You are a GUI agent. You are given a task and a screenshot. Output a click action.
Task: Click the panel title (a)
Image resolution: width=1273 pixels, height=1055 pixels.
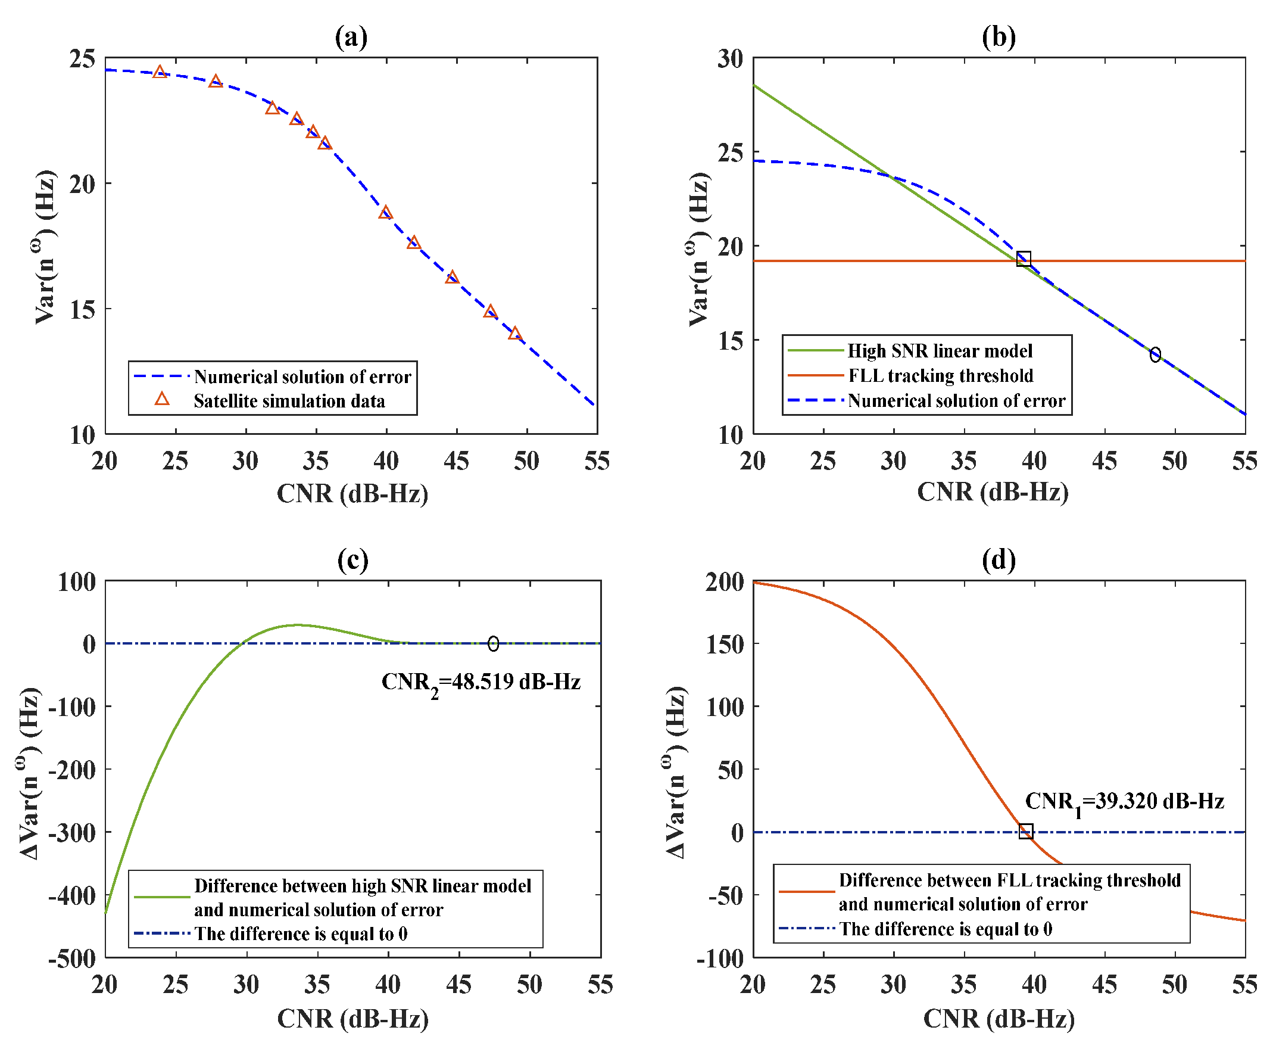click(x=351, y=37)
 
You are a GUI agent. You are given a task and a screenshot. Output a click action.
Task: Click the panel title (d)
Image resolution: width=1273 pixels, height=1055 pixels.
click(x=999, y=559)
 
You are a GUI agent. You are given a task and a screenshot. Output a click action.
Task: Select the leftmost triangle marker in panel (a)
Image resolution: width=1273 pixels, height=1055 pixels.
click(x=160, y=72)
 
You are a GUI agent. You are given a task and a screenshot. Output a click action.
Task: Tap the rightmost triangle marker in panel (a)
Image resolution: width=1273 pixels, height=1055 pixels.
click(x=514, y=334)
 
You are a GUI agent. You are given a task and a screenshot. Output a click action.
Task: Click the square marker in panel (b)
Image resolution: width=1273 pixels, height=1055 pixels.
click(x=1024, y=259)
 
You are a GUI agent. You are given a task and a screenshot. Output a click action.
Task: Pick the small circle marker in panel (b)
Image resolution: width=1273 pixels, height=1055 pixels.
click(x=1155, y=354)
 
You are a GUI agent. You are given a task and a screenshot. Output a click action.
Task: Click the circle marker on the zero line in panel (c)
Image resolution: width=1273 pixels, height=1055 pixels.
click(x=493, y=643)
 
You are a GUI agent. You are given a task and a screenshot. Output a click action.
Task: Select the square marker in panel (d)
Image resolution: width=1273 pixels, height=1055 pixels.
click(x=1025, y=831)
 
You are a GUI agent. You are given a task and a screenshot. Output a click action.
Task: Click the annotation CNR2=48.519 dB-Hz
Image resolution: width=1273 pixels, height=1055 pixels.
click(x=481, y=683)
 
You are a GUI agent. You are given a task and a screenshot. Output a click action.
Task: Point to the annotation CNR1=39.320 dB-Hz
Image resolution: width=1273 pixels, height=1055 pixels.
click(x=1124, y=802)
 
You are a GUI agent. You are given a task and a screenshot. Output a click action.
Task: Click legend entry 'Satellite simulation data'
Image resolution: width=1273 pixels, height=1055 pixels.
click(x=289, y=401)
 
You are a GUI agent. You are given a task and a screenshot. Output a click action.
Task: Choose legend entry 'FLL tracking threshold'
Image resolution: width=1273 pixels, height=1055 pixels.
click(x=940, y=376)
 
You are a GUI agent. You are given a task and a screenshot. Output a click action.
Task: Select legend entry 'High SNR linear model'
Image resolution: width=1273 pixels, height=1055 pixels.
click(x=940, y=351)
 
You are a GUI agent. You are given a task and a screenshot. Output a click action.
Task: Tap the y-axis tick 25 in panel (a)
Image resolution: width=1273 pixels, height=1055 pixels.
click(x=82, y=59)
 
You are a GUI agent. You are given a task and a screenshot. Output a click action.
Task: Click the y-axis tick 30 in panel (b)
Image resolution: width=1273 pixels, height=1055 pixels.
click(x=730, y=59)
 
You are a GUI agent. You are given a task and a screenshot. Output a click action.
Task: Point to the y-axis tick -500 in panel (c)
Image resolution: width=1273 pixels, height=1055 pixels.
click(x=72, y=959)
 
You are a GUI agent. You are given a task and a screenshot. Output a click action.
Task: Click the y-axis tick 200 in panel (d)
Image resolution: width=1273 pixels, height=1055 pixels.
click(x=725, y=582)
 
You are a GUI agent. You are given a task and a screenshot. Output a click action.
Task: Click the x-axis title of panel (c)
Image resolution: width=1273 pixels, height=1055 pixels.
click(x=353, y=1019)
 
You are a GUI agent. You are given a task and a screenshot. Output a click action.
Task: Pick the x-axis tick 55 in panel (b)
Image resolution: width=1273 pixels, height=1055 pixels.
click(x=1244, y=462)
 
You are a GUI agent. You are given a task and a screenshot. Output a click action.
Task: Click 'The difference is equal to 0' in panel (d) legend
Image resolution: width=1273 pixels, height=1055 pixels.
click(x=945, y=929)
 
